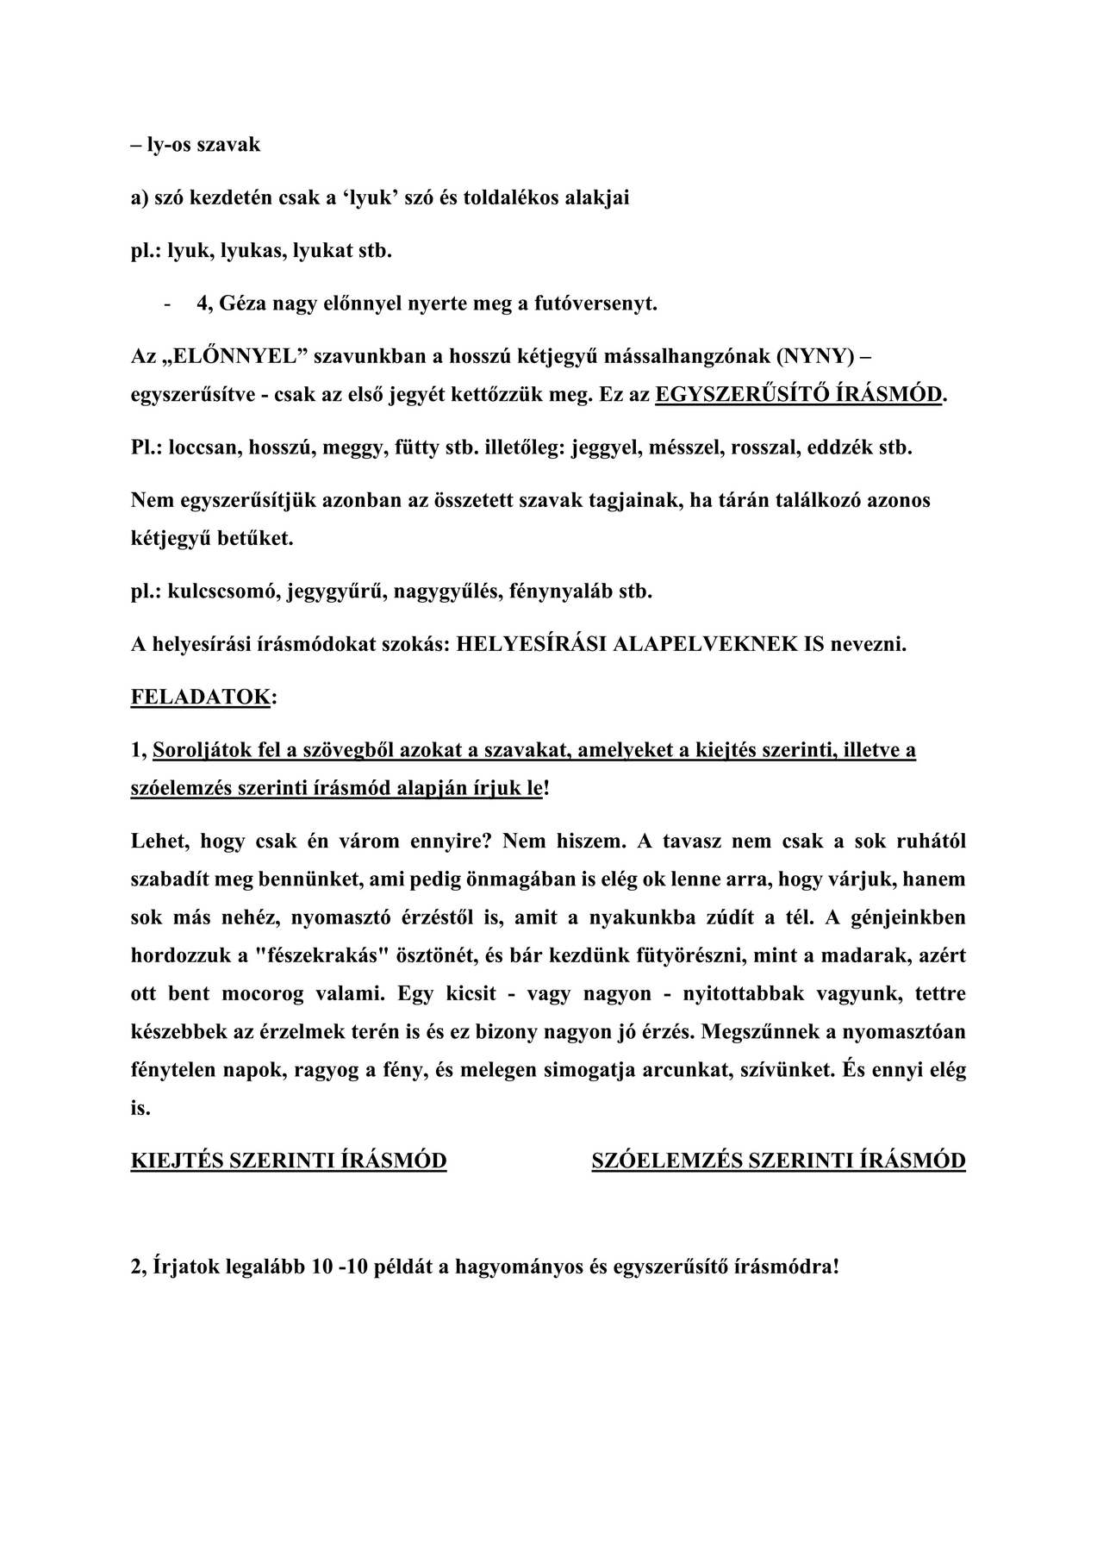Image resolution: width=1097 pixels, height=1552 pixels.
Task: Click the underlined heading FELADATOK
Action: pos(200,697)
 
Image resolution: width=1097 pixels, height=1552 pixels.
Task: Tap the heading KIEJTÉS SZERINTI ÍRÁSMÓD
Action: pos(289,1161)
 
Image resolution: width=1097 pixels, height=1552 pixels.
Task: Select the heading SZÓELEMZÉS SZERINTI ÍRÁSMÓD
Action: pos(778,1161)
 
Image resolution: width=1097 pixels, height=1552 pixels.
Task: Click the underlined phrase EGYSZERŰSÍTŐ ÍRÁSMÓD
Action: pos(798,395)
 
